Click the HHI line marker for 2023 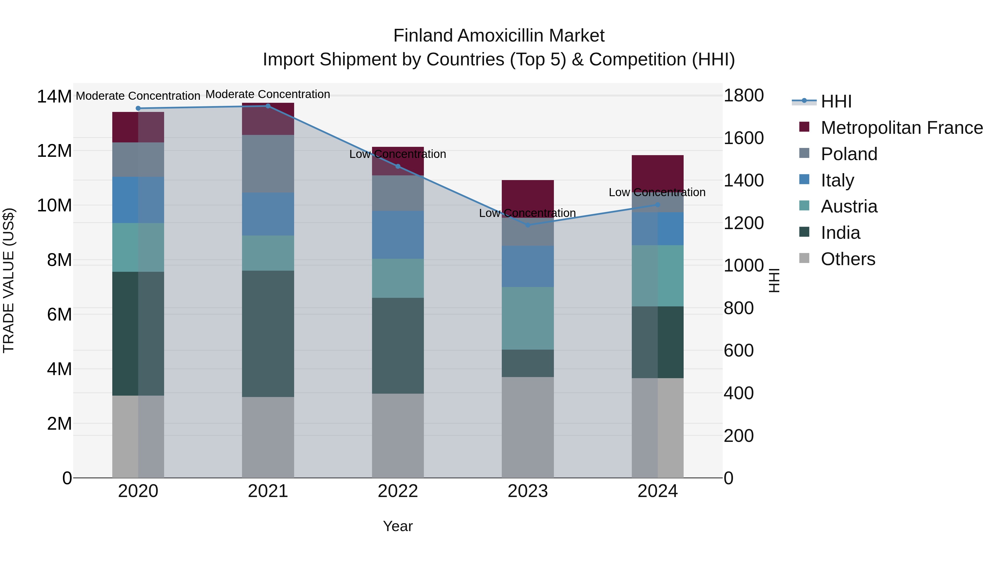click(x=527, y=225)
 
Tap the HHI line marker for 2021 click(x=268, y=106)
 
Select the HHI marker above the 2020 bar click(x=138, y=108)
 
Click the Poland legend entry click(x=849, y=154)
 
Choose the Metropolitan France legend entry click(x=901, y=128)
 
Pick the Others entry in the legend click(x=848, y=259)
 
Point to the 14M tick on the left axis click(x=54, y=96)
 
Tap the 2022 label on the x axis click(x=398, y=491)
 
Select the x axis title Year click(x=398, y=526)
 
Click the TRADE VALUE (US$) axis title click(x=9, y=280)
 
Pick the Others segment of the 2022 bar click(x=398, y=436)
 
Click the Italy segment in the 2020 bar click(x=138, y=200)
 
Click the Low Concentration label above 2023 click(x=527, y=213)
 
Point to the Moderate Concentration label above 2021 click(x=268, y=94)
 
